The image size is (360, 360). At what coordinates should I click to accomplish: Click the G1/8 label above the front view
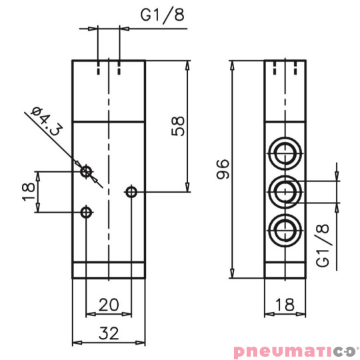[162, 15]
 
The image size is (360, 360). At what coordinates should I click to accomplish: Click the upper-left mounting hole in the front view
[85, 172]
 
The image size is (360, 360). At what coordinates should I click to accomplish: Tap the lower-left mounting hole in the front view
[85, 213]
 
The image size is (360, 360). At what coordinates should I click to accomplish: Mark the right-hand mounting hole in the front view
[131, 193]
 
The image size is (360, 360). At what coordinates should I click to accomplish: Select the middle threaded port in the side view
[287, 192]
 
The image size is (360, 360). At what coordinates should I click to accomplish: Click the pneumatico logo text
[293, 350]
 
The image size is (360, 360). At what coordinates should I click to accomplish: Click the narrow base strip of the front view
[108, 270]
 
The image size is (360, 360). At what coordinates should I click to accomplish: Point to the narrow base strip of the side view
[288, 270]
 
